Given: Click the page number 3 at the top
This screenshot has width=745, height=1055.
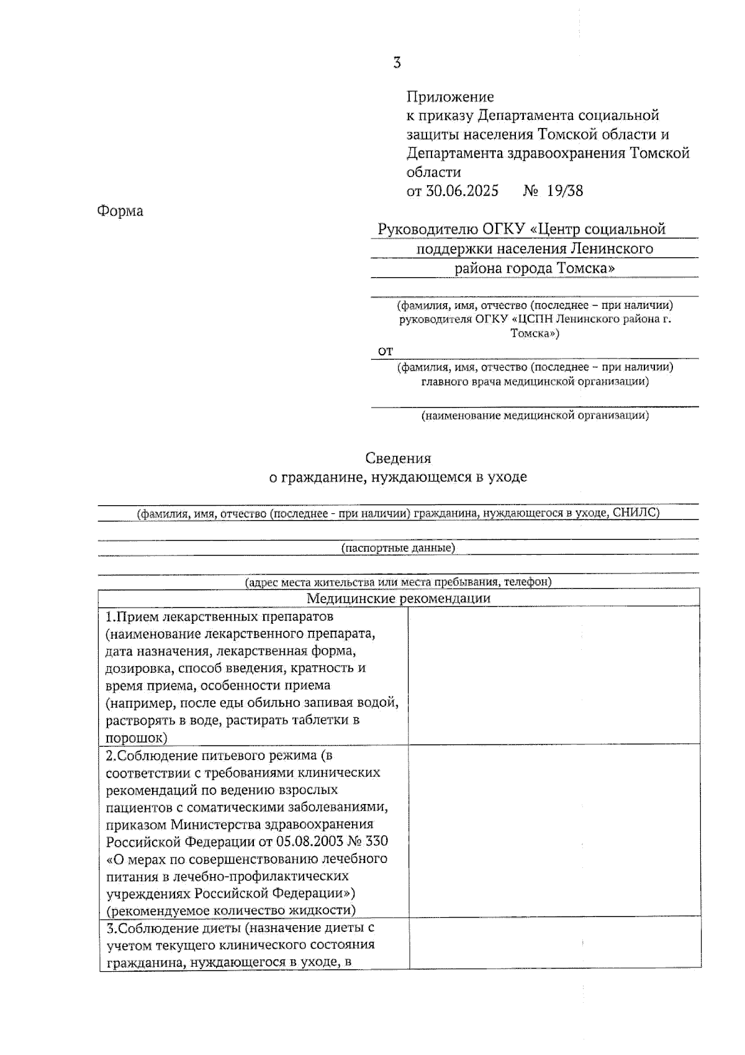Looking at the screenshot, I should (397, 63).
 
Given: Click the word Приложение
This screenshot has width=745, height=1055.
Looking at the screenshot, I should (450, 96).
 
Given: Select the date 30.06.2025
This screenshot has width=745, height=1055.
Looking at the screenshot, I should (462, 190).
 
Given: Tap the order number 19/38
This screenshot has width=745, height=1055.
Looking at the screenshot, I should (565, 190).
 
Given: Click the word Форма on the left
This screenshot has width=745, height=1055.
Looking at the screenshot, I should (120, 211).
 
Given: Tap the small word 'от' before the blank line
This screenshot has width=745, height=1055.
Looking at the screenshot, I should (386, 351).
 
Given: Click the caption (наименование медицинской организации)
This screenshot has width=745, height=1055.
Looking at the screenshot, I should (535, 415).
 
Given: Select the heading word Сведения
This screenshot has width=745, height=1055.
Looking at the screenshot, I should (398, 459).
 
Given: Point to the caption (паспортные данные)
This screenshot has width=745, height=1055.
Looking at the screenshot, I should (398, 547).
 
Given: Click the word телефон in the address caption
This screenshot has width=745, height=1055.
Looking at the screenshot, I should (527, 582).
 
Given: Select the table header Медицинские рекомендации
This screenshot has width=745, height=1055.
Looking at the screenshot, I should (399, 598).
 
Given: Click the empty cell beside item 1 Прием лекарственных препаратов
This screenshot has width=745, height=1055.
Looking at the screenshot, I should (554, 676).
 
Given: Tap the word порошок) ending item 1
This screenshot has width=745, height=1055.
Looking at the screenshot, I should (137, 738).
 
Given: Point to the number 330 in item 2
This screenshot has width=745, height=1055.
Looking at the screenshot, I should (377, 841).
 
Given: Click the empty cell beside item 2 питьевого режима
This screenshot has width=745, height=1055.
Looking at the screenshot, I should (554, 831).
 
